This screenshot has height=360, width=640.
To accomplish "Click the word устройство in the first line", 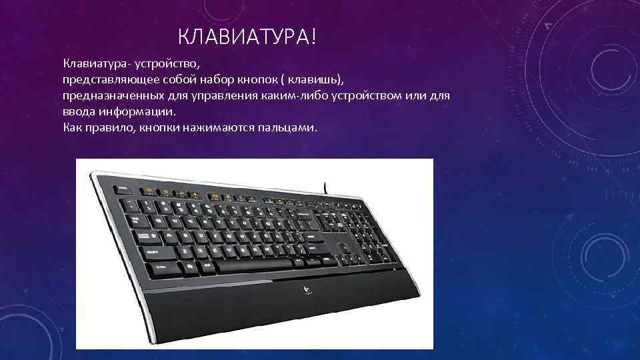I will [165, 65].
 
